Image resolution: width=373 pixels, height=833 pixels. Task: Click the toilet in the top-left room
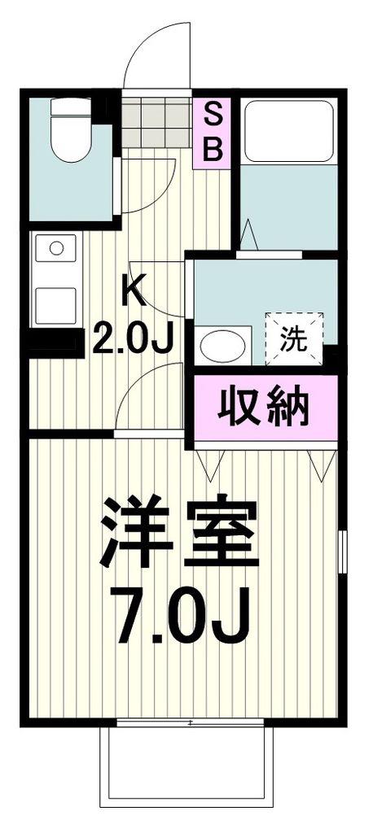pyautogui.click(x=71, y=129)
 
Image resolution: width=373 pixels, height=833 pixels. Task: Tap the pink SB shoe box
pyautogui.click(x=212, y=133)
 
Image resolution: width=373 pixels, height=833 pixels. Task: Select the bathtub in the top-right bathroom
pyautogui.click(x=288, y=131)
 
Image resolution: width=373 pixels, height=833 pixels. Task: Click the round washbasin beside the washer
pyautogui.click(x=222, y=346)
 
